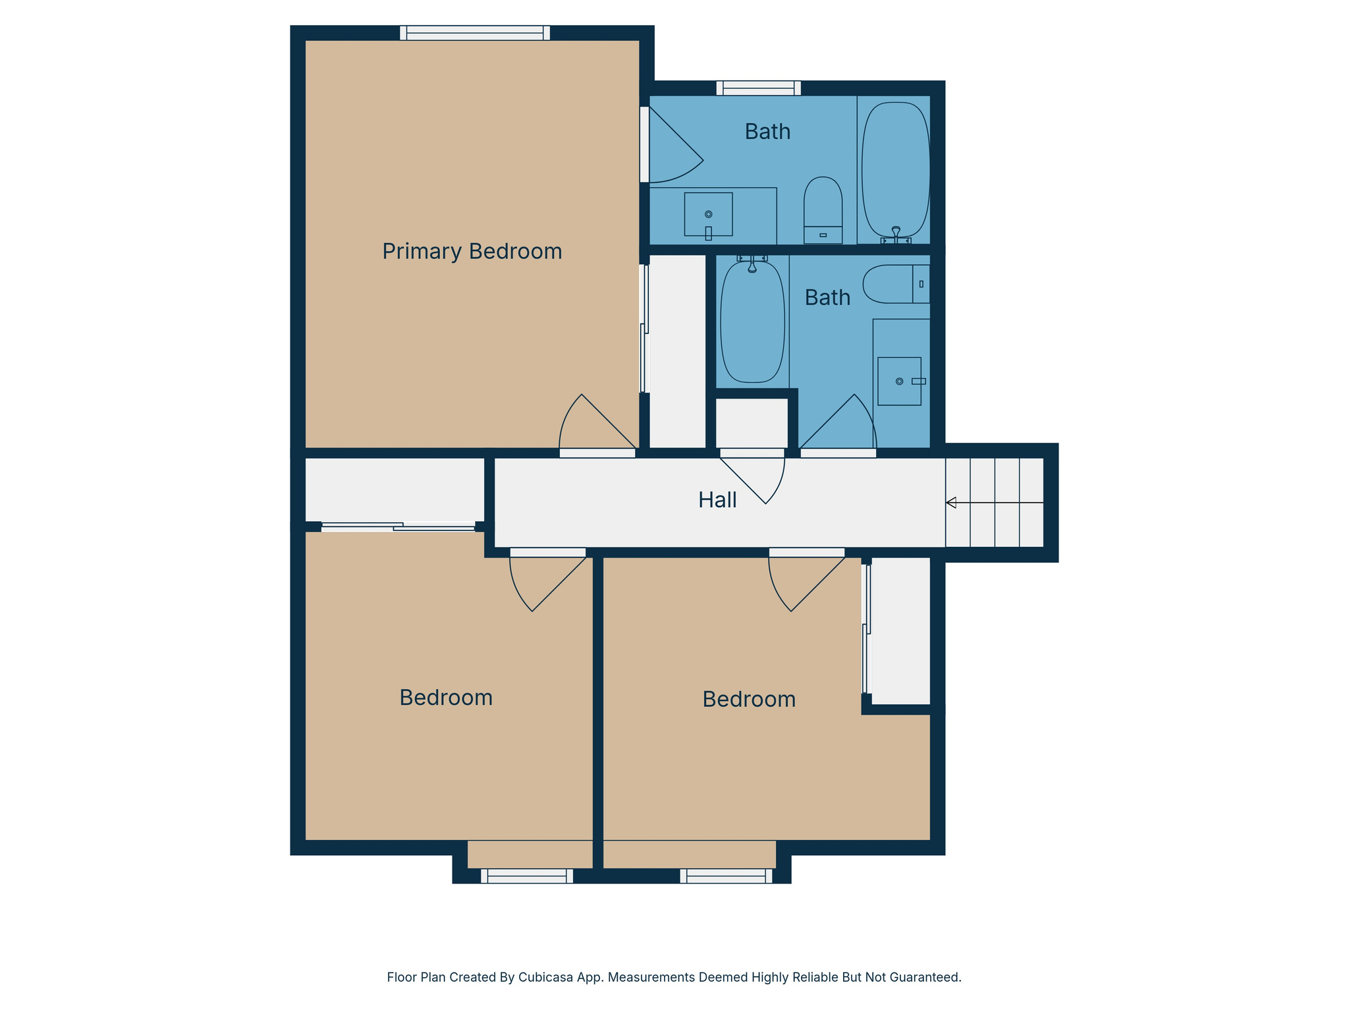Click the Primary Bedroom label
click(x=472, y=252)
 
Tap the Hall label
click(x=717, y=500)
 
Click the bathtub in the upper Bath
click(x=895, y=170)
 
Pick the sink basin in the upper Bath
click(x=708, y=214)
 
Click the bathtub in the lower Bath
click(x=752, y=323)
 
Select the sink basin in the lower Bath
click(x=899, y=381)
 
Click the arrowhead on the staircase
click(x=951, y=503)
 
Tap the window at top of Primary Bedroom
click(x=474, y=33)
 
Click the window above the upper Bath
click(x=758, y=88)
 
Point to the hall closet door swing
click(x=757, y=478)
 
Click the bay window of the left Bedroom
click(x=526, y=876)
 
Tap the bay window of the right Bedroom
click(x=726, y=876)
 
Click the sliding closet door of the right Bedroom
click(x=866, y=629)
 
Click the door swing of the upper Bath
click(x=672, y=148)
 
